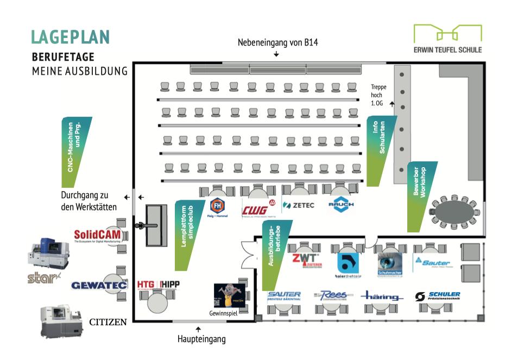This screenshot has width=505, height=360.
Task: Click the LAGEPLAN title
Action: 71,36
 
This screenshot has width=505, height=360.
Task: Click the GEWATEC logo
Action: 99,285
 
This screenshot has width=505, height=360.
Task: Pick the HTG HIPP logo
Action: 158,284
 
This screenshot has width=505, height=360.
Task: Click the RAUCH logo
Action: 342,205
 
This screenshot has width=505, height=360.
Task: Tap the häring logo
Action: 382,297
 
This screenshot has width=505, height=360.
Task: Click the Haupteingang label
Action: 201,339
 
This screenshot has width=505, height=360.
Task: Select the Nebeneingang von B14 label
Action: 276,43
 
